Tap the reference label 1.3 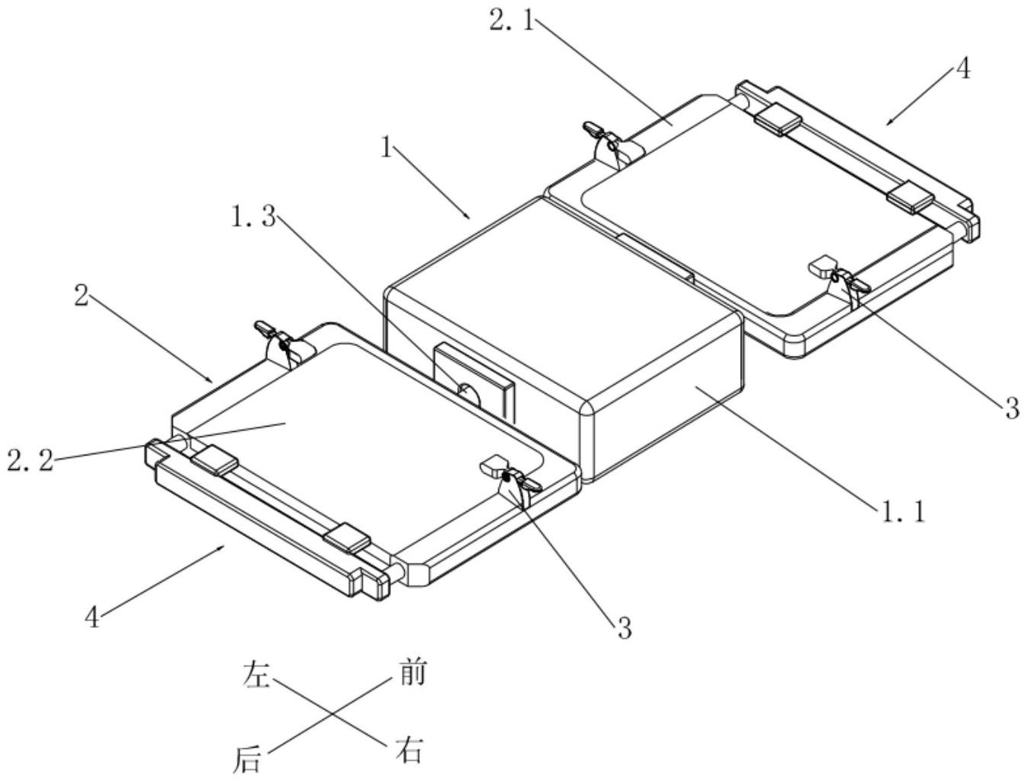[x=253, y=217]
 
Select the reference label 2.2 [x=30, y=459]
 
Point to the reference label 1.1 [x=904, y=512]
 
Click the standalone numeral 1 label [x=387, y=148]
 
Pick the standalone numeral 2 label [x=81, y=296]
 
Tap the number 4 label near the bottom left [x=92, y=617]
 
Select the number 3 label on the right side [x=1011, y=408]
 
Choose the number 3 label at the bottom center [x=624, y=628]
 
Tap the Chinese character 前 [x=412, y=673]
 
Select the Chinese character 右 [x=409, y=751]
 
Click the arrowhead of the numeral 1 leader [x=469, y=217]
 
